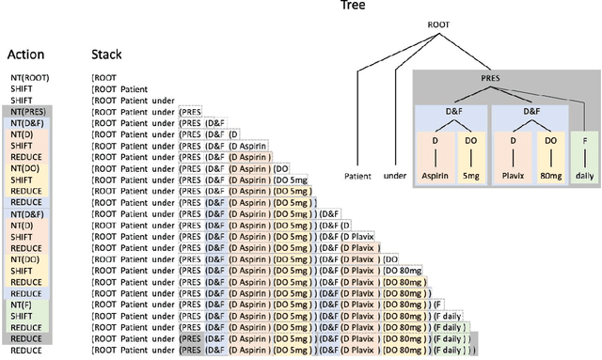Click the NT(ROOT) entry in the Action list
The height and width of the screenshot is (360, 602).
click(28, 76)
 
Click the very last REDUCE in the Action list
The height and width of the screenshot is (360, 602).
click(25, 352)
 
